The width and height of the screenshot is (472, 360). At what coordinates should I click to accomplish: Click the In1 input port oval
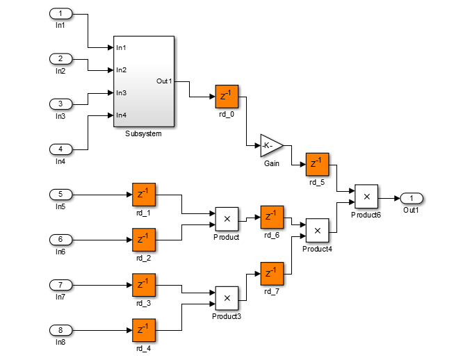(60, 13)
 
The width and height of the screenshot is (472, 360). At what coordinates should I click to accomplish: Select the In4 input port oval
(60, 149)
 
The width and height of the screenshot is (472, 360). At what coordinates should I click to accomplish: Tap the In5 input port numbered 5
(60, 194)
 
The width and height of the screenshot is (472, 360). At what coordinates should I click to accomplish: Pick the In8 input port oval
(60, 329)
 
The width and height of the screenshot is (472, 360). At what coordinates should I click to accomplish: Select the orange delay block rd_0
(227, 97)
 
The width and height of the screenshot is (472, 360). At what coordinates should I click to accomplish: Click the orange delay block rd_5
(317, 165)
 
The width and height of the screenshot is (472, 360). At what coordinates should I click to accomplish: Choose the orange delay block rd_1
(144, 195)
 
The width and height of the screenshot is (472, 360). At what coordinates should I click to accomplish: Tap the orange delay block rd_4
(144, 331)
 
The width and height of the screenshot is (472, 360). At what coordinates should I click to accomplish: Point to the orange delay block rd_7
(272, 273)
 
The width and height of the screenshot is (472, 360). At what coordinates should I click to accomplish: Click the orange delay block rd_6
(272, 217)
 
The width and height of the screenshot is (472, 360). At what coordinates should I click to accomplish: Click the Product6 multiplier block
(366, 197)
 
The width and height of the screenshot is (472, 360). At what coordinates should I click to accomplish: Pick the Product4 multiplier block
(317, 229)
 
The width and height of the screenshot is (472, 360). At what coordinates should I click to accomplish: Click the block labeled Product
(227, 219)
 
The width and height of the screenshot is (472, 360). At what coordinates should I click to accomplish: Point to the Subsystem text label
(143, 133)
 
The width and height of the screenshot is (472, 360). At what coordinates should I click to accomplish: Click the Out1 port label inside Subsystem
(164, 81)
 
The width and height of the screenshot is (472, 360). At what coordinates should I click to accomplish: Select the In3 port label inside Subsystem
(121, 92)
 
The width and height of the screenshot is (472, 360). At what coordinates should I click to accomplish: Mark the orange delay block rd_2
(144, 240)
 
